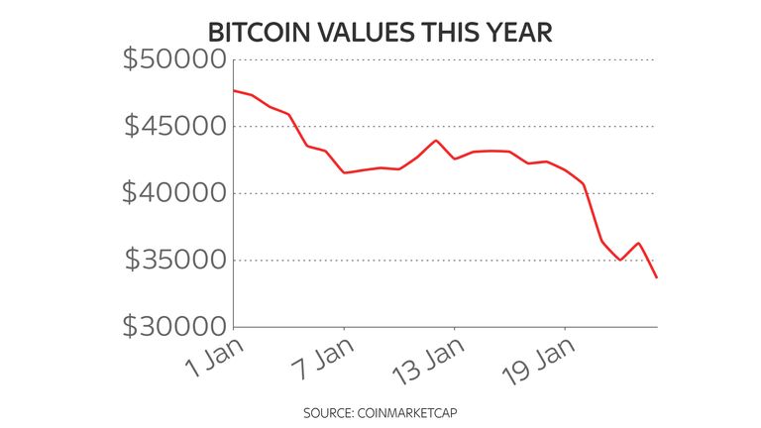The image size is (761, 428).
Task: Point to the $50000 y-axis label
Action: [172, 59]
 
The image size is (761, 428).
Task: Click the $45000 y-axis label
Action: [172, 127]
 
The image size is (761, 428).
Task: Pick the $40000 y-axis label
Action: [172, 193]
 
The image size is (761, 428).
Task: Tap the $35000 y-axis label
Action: [172, 261]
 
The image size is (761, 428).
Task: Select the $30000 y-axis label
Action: [172, 327]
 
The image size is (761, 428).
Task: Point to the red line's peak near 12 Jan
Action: [436, 141]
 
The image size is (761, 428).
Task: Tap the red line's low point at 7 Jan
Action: [344, 172]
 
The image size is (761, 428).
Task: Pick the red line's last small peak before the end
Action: [638, 243]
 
